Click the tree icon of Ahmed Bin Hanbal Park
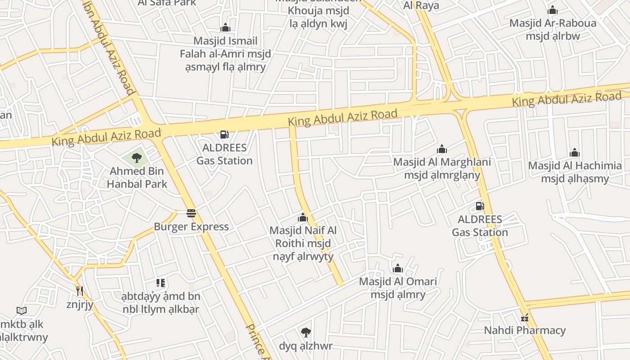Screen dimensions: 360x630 tap(137, 157)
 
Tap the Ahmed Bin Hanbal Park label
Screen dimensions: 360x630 tap(137, 177)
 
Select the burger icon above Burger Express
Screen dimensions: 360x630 tap(191, 213)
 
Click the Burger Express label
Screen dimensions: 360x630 tap(191, 226)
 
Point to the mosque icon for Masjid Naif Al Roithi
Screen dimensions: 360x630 tap(303, 218)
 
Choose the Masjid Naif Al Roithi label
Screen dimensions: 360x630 tap(303, 243)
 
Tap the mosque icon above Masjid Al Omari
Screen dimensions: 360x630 tap(398, 269)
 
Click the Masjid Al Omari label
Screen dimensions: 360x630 tap(398, 288)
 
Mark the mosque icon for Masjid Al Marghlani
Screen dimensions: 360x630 tap(442, 149)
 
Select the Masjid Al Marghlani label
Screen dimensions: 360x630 tap(442, 168)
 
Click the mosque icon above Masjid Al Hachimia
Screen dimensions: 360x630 tap(575, 153)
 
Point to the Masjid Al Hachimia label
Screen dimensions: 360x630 tap(575, 172)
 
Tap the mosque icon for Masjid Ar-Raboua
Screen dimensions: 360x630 tap(553, 10)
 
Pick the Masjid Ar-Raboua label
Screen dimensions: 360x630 tap(553, 29)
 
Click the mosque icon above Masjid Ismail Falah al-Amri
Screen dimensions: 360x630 tap(225, 28)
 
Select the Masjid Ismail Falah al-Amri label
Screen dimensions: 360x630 tap(225, 54)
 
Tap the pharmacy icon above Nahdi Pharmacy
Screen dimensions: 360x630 tap(524, 318)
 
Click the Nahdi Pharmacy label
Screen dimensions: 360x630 tap(524, 330)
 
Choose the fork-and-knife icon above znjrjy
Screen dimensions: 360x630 tap(80, 291)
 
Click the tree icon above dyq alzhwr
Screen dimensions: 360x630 tap(306, 333)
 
